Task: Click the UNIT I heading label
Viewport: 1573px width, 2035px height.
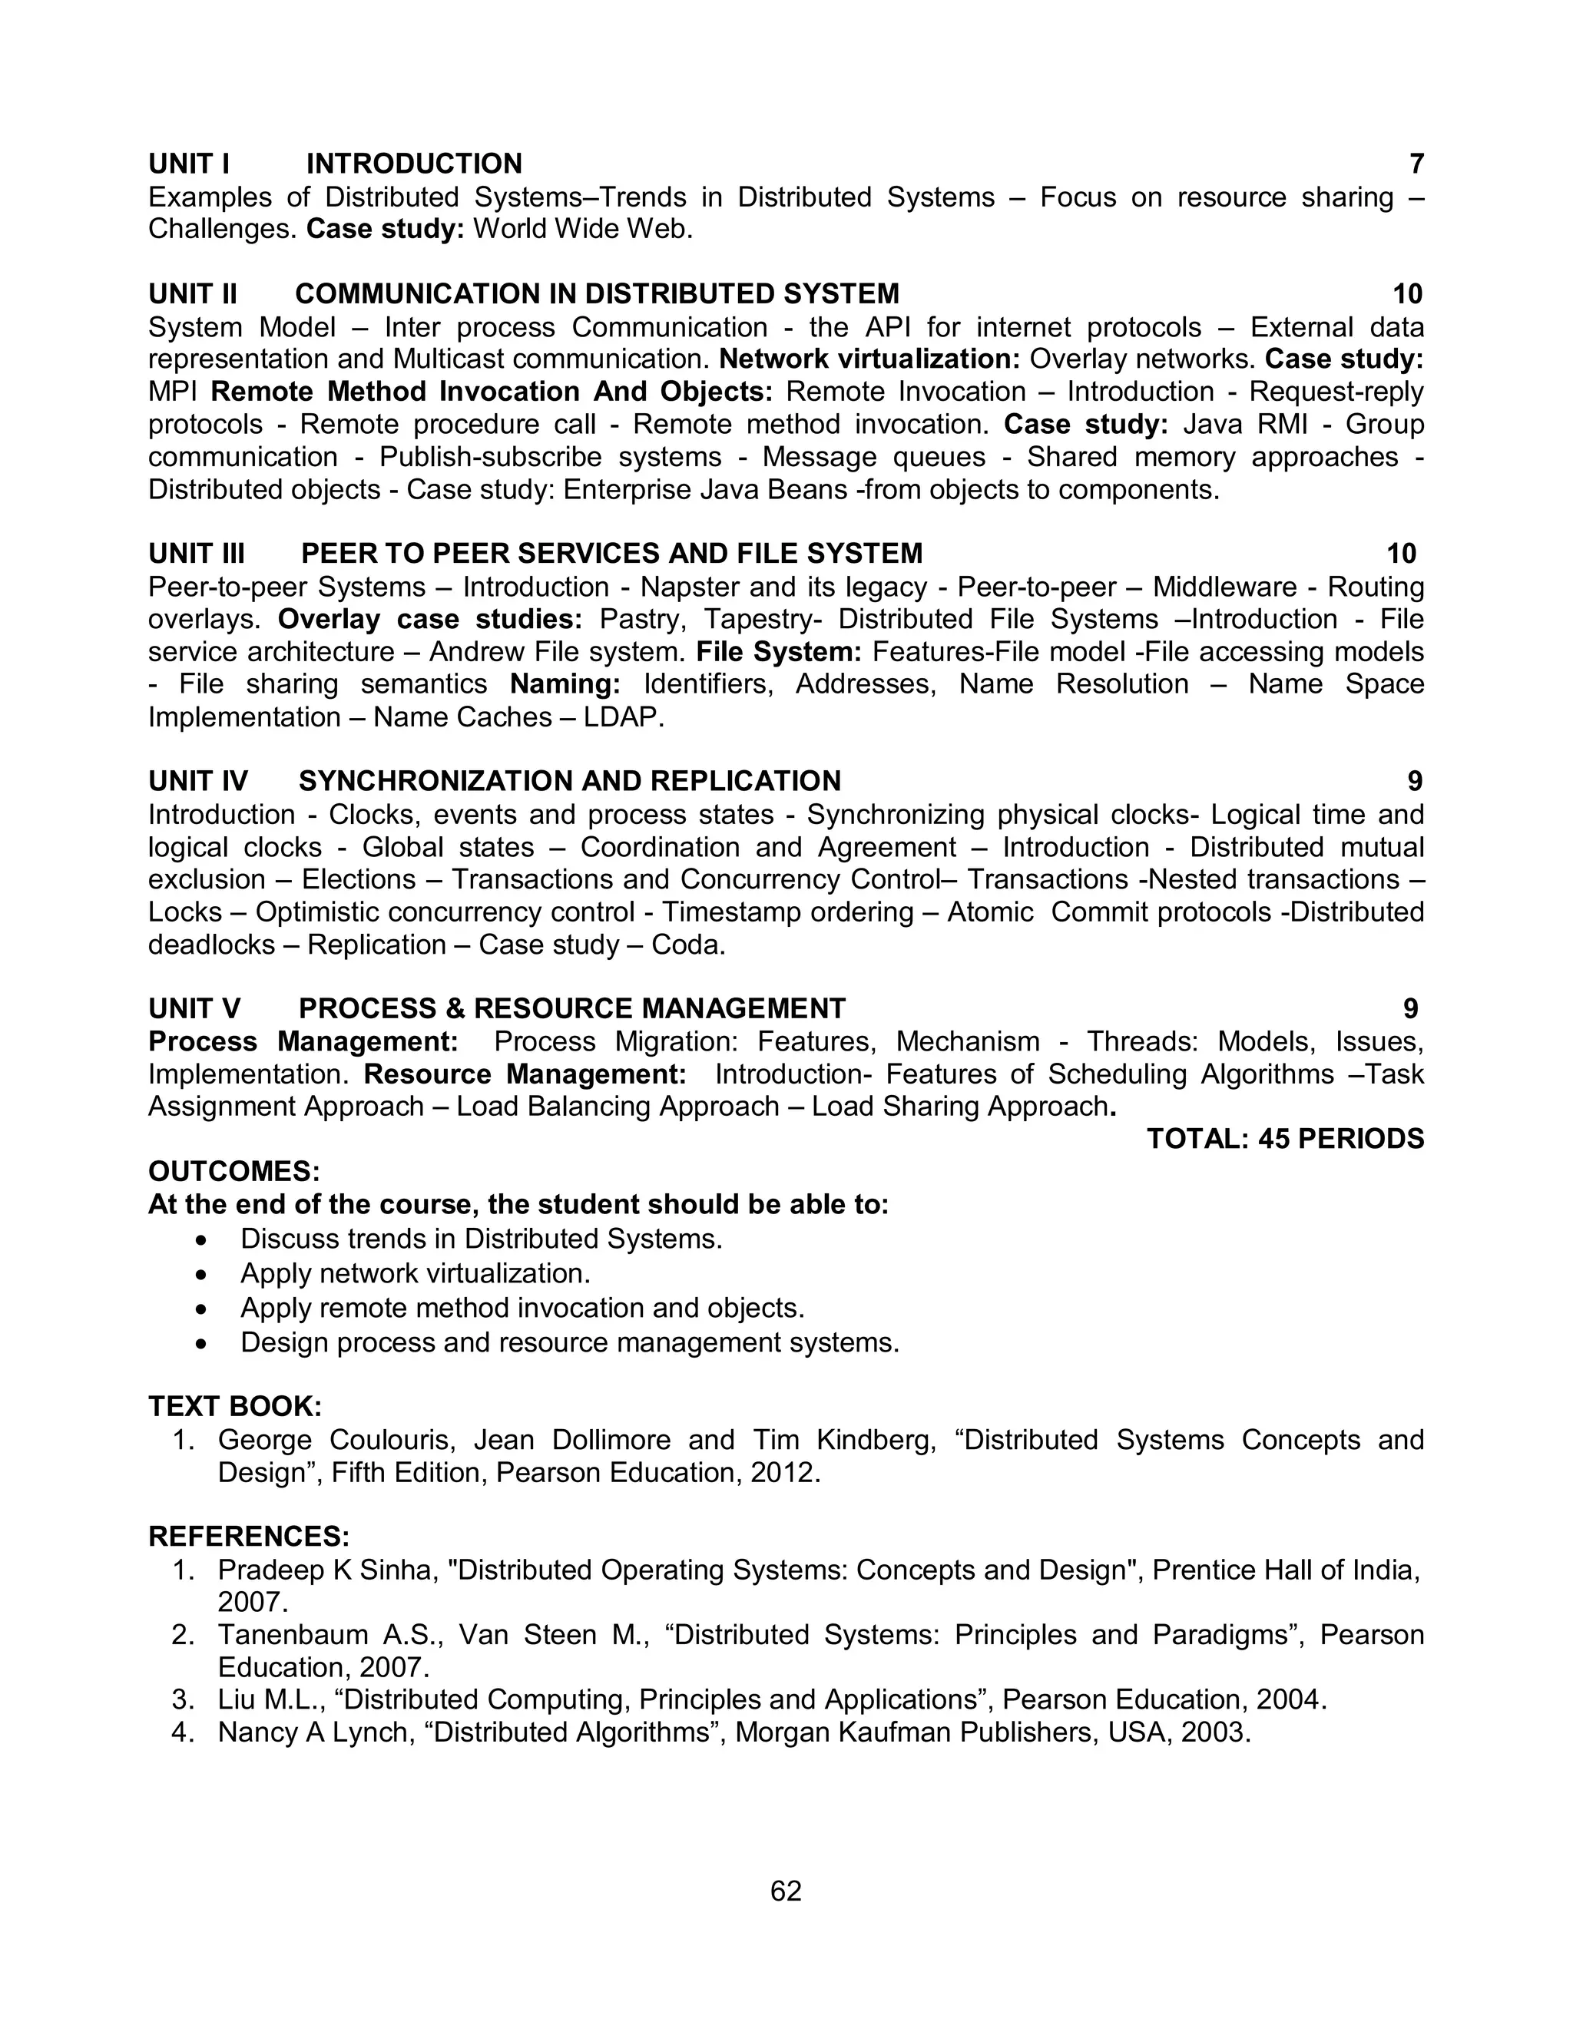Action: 189,164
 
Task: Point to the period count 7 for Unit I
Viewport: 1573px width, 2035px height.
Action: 1416,164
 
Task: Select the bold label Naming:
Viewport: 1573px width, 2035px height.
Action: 565,685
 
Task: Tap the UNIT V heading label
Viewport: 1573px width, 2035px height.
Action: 195,1008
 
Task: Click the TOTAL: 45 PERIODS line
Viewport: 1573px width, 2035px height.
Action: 1285,1139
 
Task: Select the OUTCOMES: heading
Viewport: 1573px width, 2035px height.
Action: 234,1171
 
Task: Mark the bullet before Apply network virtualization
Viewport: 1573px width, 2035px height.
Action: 201,1274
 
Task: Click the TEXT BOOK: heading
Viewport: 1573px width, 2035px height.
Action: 235,1406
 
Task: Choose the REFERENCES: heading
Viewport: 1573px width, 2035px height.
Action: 249,1537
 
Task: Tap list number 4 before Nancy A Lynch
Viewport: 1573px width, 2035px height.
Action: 182,1732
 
